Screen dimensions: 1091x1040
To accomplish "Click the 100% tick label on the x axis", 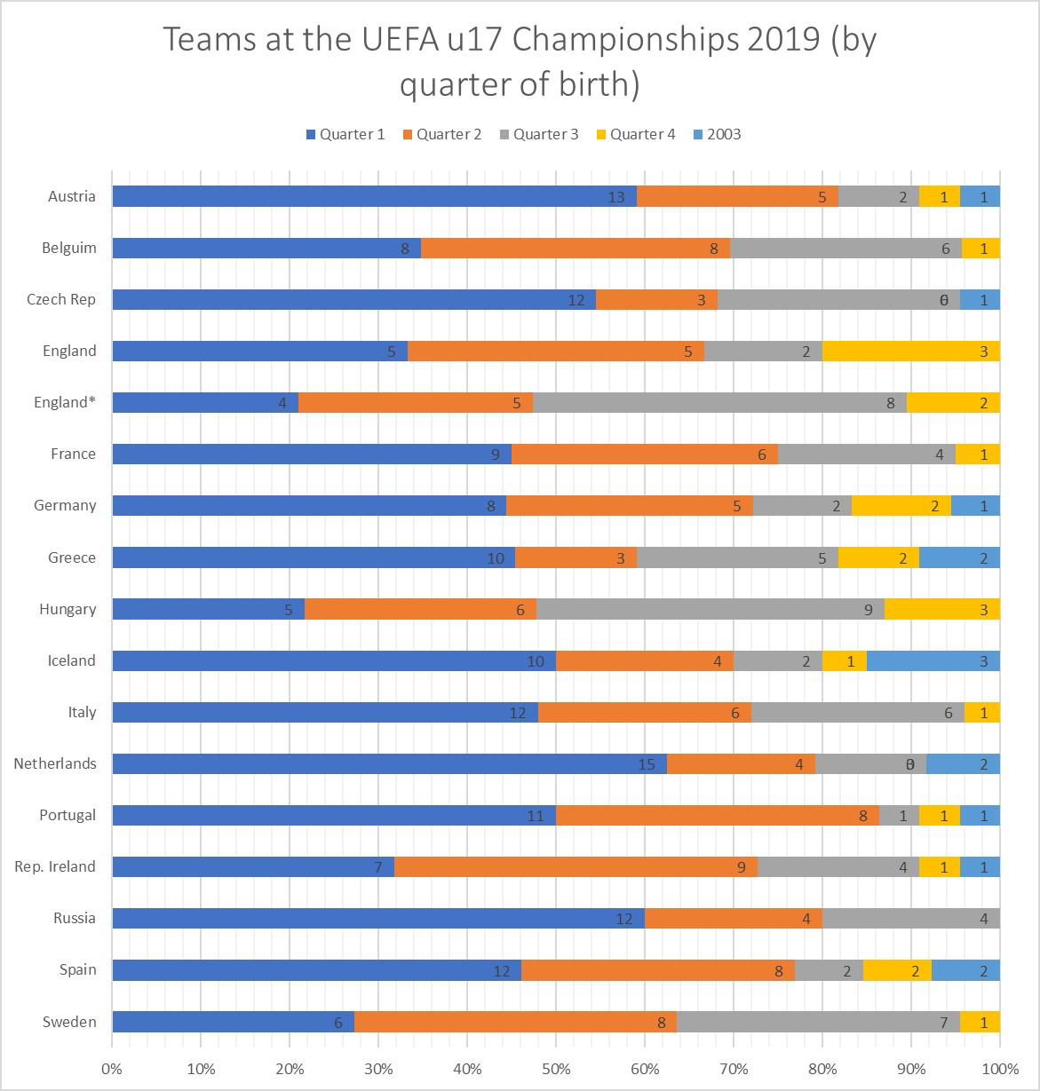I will (1000, 1068).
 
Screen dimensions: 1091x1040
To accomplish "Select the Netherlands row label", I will (55, 763).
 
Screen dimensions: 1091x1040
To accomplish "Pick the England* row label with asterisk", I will (65, 402).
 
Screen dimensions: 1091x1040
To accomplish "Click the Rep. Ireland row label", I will (55, 866).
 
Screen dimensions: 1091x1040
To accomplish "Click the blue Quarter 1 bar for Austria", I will (373, 196).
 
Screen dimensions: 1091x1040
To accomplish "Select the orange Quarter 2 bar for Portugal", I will (717, 815).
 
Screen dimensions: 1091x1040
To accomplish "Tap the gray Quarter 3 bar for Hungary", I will (710, 609).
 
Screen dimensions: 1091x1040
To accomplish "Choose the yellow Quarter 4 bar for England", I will (910, 351).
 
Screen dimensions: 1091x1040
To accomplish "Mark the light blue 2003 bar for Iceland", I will (933, 660).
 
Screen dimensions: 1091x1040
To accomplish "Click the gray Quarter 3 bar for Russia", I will (910, 918).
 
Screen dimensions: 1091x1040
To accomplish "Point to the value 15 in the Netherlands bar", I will (647, 764).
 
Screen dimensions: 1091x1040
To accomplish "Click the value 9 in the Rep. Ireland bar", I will (742, 867).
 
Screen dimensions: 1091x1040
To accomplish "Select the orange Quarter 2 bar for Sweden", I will (515, 1022).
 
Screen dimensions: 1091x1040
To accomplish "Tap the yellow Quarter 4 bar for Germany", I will (901, 505).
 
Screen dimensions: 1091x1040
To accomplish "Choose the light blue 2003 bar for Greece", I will (959, 557).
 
